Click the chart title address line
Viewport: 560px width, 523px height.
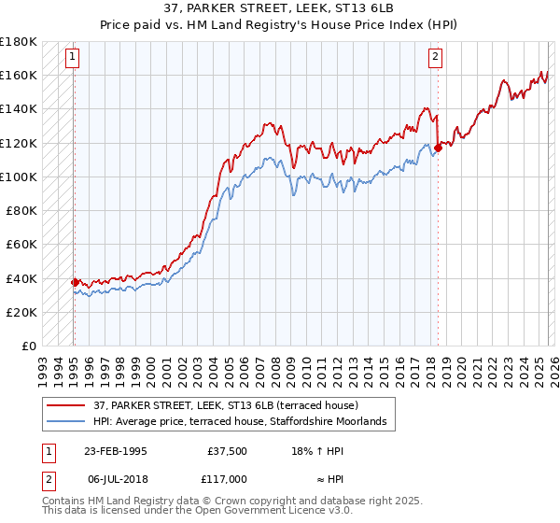pos(279,8)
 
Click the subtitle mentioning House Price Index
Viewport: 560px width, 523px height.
pos(279,24)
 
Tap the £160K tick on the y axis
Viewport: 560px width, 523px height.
pos(19,75)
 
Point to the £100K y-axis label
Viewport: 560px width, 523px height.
pos(19,177)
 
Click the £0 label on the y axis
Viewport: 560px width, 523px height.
pos(28,346)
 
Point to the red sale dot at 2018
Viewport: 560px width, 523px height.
pos(438,147)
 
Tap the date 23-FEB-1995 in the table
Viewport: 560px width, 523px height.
pos(115,450)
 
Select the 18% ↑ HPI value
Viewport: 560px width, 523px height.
pos(317,450)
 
